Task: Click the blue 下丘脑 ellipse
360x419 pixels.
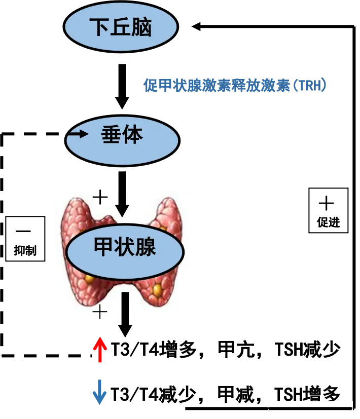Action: pyautogui.click(x=121, y=27)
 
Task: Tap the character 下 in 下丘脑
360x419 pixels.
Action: pyautogui.click(x=99, y=27)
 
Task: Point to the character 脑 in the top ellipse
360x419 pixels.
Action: pyautogui.click(x=141, y=27)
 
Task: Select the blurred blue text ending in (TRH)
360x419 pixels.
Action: pyautogui.click(x=236, y=86)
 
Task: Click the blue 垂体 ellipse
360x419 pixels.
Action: pyautogui.click(x=122, y=140)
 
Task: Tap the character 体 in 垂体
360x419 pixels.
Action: pyautogui.click(x=133, y=135)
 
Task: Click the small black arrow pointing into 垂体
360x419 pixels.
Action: pyautogui.click(x=78, y=134)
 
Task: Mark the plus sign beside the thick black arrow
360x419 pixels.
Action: pyautogui.click(x=100, y=197)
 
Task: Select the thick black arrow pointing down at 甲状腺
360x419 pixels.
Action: pyautogui.click(x=122, y=204)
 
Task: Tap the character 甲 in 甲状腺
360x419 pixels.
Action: pyautogui.click(x=104, y=248)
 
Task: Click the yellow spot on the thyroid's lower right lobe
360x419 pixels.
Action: pyautogui.click(x=157, y=289)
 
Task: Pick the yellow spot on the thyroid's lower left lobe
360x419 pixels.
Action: pyautogui.click(x=90, y=278)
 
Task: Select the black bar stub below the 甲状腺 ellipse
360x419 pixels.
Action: pyautogui.click(x=125, y=302)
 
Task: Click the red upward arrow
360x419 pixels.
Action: pyautogui.click(x=100, y=350)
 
